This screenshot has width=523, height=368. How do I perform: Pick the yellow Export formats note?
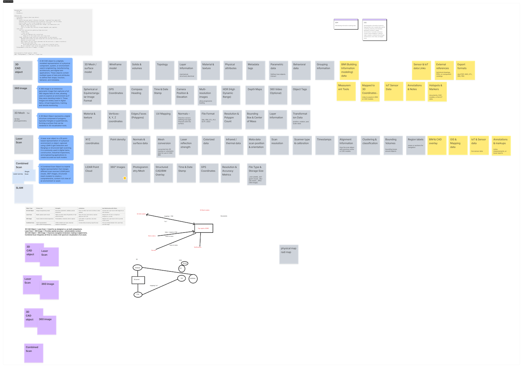pyautogui.click(x=465, y=70)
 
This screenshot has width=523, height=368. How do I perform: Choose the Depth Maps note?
pyautogui.click(x=255, y=95)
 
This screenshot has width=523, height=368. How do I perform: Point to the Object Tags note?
pyautogui.click(x=301, y=95)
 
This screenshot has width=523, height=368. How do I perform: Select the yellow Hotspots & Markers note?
pyautogui.click(x=437, y=92)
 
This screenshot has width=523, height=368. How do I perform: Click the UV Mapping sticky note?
pyautogui.click(x=164, y=120)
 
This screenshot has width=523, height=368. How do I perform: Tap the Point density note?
pyautogui.click(x=118, y=145)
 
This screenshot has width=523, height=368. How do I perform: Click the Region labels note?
pyautogui.click(x=415, y=145)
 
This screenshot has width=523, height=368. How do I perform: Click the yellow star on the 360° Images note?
pyautogui.click(x=125, y=178)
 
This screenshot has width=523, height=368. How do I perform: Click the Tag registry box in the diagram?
pyautogui.click(x=204, y=228)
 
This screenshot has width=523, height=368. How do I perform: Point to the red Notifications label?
pyautogui.click(x=198, y=247)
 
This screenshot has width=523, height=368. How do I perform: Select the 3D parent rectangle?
pyautogui.click(x=138, y=280)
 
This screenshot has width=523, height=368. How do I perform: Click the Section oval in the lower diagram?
pyautogui.click(x=185, y=263)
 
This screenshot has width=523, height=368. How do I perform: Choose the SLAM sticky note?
pyautogui.click(x=24, y=194)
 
